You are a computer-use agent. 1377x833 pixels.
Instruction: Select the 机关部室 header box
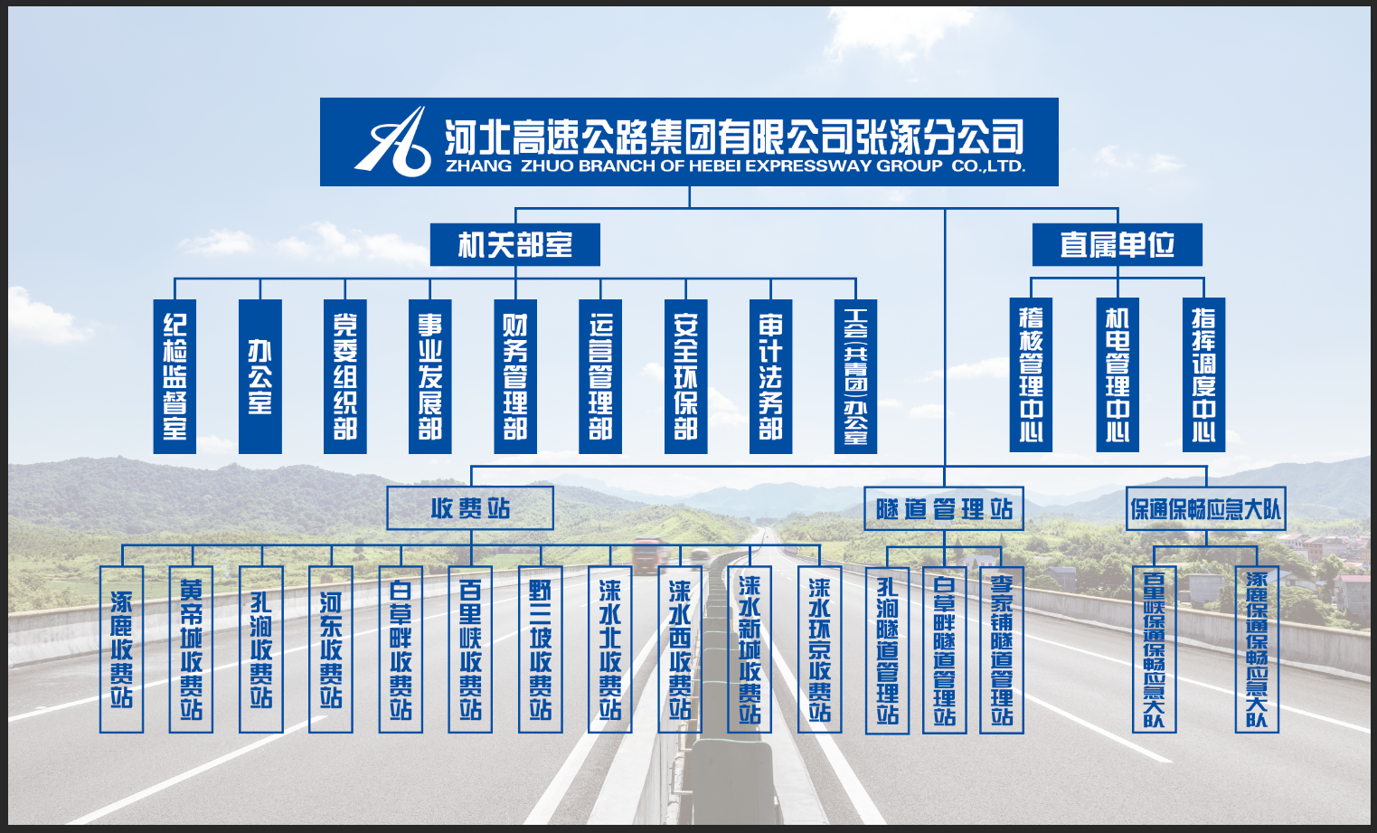pyautogui.click(x=514, y=244)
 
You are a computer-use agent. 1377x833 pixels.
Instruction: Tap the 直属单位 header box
pyautogui.click(x=1117, y=244)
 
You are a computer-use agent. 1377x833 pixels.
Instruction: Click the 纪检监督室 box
pyautogui.click(x=174, y=376)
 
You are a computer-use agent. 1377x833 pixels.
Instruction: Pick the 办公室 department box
pyautogui.click(x=260, y=376)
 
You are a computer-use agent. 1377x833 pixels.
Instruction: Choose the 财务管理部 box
pyautogui.click(x=515, y=376)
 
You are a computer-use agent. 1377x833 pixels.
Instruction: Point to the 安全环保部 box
pyautogui.click(x=685, y=376)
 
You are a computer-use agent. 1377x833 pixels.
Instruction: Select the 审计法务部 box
pyautogui.click(x=770, y=376)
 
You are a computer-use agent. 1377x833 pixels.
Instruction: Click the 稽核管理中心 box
pyautogui.click(x=1031, y=374)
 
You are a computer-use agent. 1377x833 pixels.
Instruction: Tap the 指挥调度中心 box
pyautogui.click(x=1203, y=374)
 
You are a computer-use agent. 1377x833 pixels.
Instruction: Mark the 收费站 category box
pyautogui.click(x=470, y=508)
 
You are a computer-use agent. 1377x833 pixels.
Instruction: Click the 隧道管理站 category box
pyautogui.click(x=944, y=508)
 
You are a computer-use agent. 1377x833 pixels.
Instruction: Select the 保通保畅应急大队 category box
pyautogui.click(x=1205, y=508)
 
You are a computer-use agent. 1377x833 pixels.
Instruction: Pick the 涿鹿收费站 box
pyautogui.click(x=121, y=648)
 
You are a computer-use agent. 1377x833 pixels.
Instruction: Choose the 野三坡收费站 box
pyautogui.click(x=541, y=648)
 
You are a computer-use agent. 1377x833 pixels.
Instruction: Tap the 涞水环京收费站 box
pyautogui.click(x=819, y=648)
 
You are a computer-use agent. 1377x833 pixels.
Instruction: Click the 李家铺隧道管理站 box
pyautogui.click(x=1002, y=649)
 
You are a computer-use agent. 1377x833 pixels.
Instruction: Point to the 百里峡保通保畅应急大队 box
pyautogui.click(x=1154, y=648)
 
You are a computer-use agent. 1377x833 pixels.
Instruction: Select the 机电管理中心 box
pyautogui.click(x=1118, y=374)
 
